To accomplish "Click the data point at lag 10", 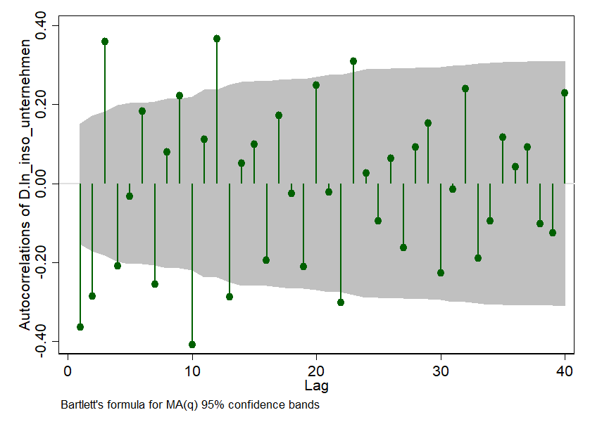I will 192,345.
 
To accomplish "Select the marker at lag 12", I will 217,39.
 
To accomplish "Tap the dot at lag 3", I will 105,41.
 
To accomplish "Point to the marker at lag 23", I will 353,61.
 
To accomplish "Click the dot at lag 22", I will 341,302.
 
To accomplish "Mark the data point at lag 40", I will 565,93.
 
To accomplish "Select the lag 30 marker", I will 441,273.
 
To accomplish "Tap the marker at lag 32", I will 465,89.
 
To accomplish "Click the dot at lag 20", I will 316,85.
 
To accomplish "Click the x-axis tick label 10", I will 192,372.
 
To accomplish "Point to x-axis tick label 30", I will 441,372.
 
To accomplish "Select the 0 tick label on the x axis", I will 68,372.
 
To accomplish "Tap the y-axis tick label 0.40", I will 47,25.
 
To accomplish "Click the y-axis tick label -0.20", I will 47,262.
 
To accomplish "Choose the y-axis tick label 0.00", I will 47,184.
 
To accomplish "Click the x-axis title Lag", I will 316,386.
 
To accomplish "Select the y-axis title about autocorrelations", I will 25,183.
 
